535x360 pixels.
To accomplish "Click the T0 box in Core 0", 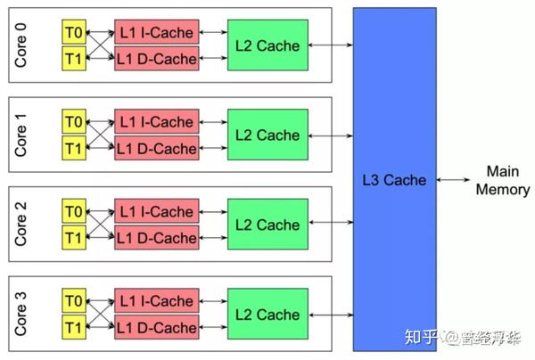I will coord(72,32).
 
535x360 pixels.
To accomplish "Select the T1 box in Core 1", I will coord(72,147).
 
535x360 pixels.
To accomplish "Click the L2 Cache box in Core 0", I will coord(267,45).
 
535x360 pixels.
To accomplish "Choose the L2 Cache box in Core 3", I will coord(267,315).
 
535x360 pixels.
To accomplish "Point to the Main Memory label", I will coord(503,179).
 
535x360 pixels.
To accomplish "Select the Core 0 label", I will coord(21,45).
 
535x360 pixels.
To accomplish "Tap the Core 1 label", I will coord(21,135).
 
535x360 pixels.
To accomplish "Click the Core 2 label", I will coord(21,225).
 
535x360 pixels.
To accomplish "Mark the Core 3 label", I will coord(21,315).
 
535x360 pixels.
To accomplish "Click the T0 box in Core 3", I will coord(72,301).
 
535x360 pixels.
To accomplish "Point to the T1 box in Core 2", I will coord(72,237).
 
